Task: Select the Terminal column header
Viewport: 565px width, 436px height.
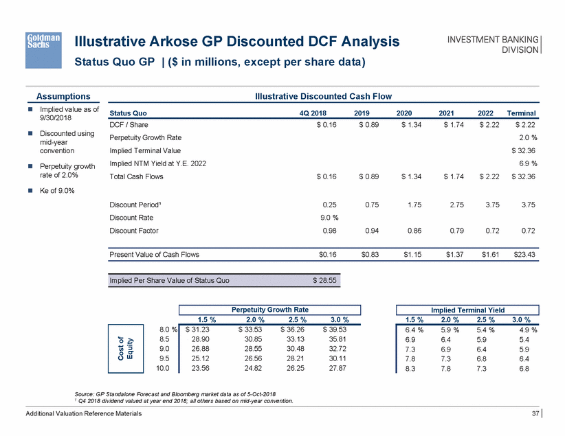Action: (521, 113)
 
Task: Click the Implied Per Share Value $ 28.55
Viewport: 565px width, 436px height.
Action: (323, 281)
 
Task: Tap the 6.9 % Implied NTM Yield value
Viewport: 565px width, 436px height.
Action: (527, 163)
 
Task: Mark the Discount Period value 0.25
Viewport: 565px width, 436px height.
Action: (329, 205)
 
